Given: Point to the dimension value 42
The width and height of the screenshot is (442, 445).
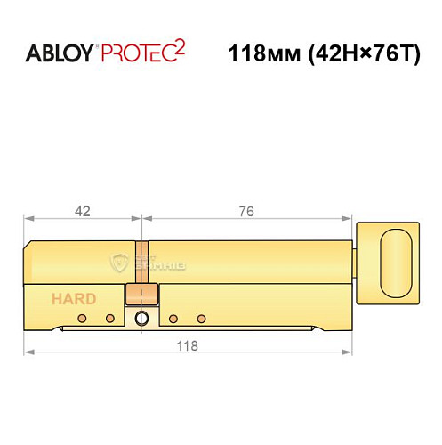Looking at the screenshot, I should pos(83,212).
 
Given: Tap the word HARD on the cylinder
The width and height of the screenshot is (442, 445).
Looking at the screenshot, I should pos(68,299).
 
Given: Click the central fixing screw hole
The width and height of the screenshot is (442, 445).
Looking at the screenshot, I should pos(141,320).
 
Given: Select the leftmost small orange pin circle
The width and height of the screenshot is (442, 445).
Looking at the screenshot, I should pos(81,318).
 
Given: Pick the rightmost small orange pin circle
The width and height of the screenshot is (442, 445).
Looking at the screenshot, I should pos(202,318).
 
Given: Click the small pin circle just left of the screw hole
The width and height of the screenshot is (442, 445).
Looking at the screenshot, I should pos(110,318).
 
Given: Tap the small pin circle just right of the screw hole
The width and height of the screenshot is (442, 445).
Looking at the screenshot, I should pos(173,318).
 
